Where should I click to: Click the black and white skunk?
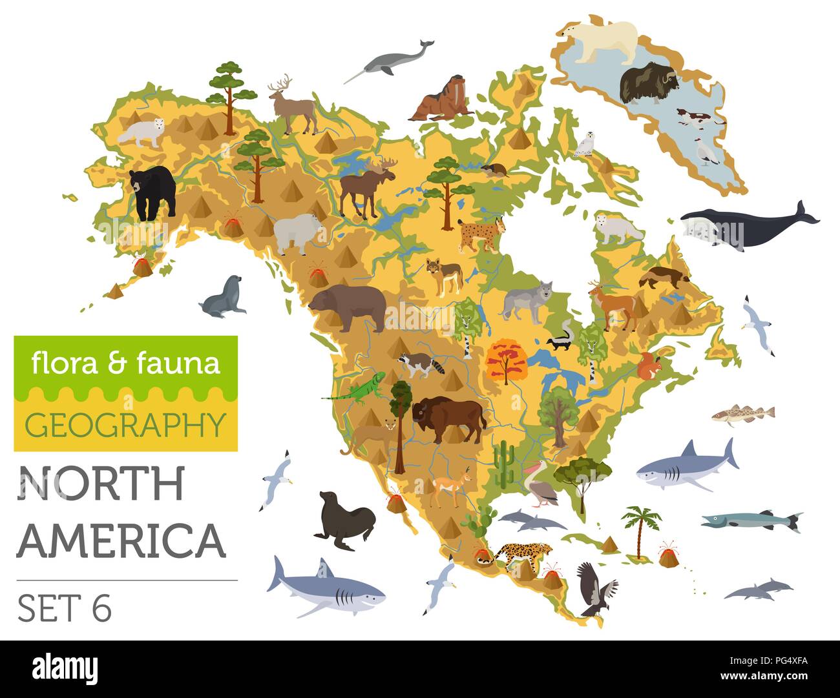pyautogui.click(x=559, y=340)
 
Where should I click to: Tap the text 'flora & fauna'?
pyautogui.click(x=125, y=364)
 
